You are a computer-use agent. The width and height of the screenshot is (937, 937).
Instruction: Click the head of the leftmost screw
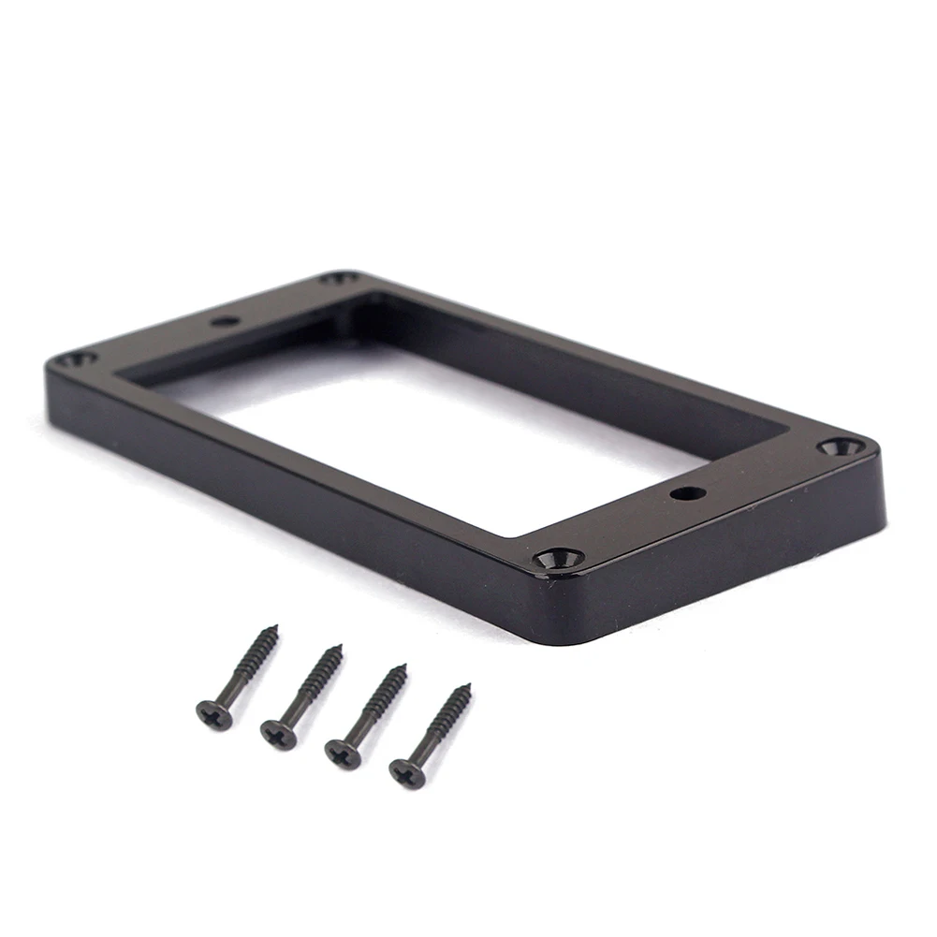(214, 713)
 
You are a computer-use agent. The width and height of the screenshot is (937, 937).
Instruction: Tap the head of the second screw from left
(278, 734)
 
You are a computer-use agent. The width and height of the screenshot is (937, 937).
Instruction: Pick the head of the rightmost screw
(407, 773)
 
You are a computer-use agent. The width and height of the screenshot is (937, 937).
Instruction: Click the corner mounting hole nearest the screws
(559, 559)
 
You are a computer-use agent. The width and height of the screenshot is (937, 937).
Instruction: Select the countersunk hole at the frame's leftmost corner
(73, 359)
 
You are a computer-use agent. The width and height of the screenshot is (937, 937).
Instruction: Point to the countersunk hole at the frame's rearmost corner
(340, 278)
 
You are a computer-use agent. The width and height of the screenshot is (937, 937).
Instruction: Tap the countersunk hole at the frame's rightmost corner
(841, 447)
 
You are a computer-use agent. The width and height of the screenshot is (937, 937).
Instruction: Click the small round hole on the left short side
(225, 321)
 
